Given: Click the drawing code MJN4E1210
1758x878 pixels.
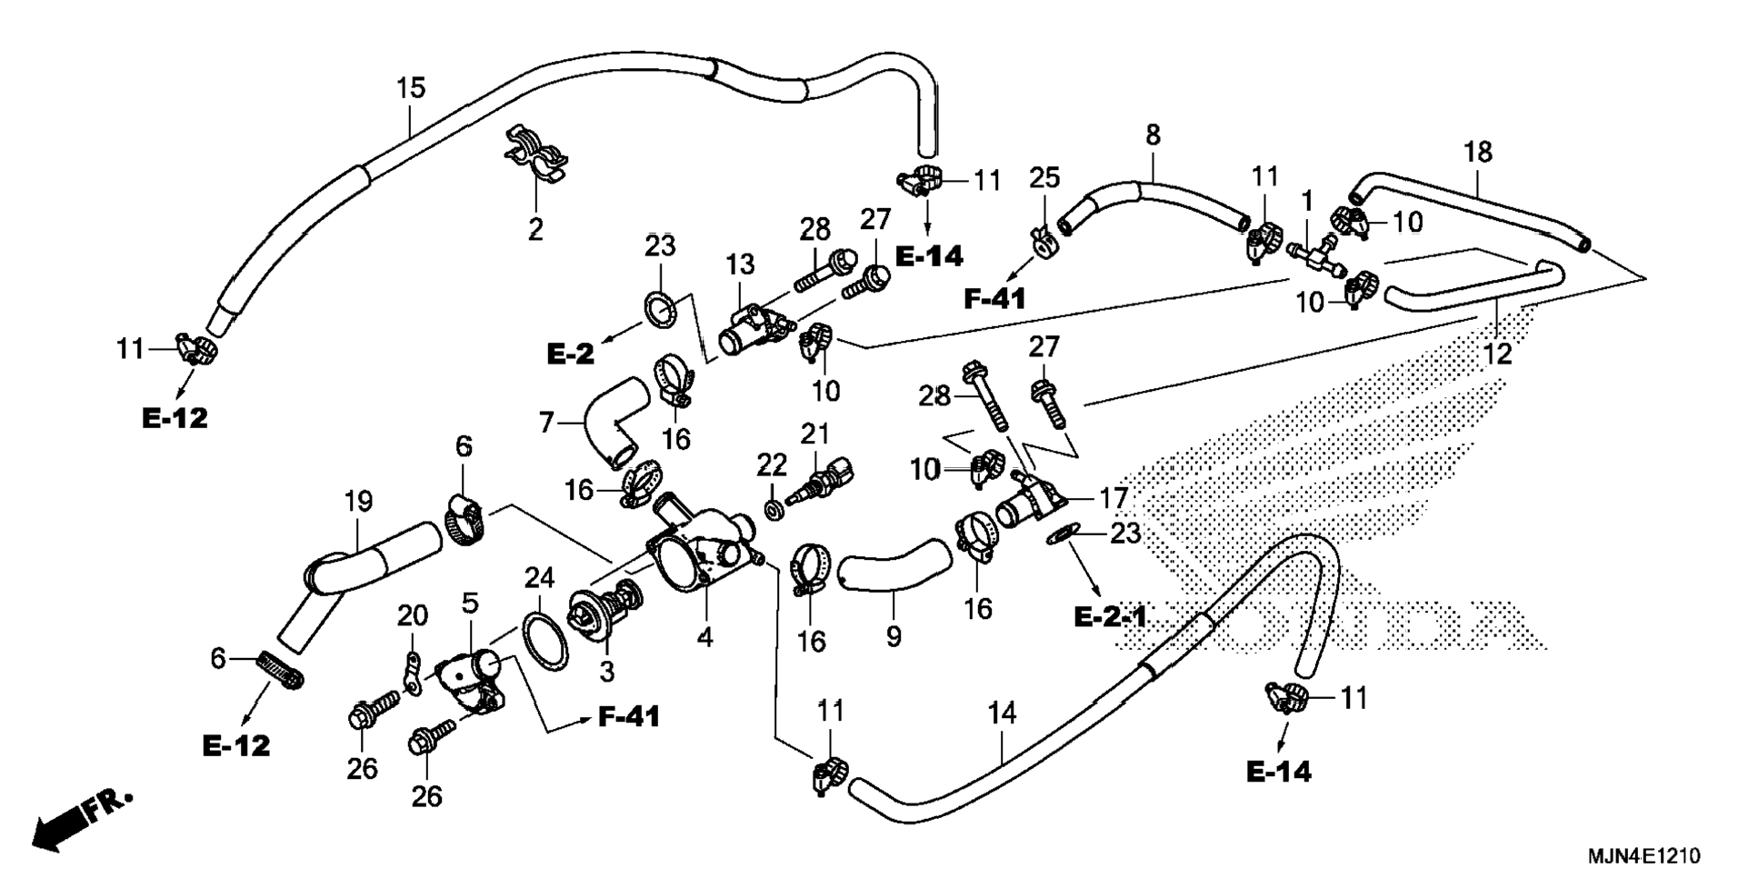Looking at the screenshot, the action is (1643, 856).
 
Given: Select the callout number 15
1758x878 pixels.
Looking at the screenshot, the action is (411, 89).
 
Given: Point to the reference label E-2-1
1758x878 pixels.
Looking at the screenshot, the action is (1111, 617).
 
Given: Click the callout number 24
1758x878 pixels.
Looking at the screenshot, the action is (539, 577).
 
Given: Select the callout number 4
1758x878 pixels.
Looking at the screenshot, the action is (705, 637).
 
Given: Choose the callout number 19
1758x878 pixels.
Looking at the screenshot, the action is (358, 501).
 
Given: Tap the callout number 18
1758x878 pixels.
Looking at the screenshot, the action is (1478, 152).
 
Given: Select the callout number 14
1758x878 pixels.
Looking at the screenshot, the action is (1002, 714).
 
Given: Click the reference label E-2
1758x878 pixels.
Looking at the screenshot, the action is (570, 354).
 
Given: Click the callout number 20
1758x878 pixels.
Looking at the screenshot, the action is (412, 616).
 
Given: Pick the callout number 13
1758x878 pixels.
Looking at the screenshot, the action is (740, 264).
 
